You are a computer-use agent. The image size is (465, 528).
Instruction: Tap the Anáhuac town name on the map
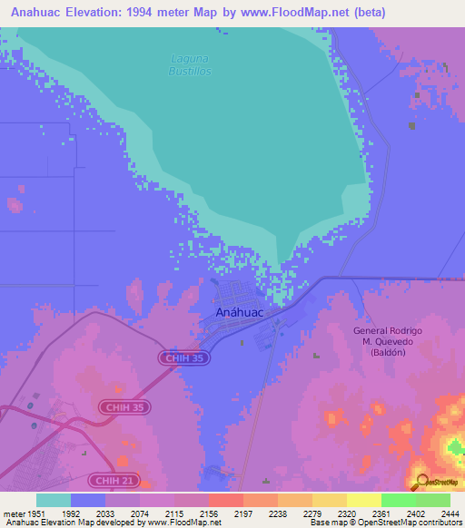click(240, 312)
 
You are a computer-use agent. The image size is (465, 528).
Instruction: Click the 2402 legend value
click(404, 513)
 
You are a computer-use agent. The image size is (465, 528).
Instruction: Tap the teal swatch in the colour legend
click(54, 500)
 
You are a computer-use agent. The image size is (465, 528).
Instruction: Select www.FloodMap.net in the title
click(298, 13)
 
